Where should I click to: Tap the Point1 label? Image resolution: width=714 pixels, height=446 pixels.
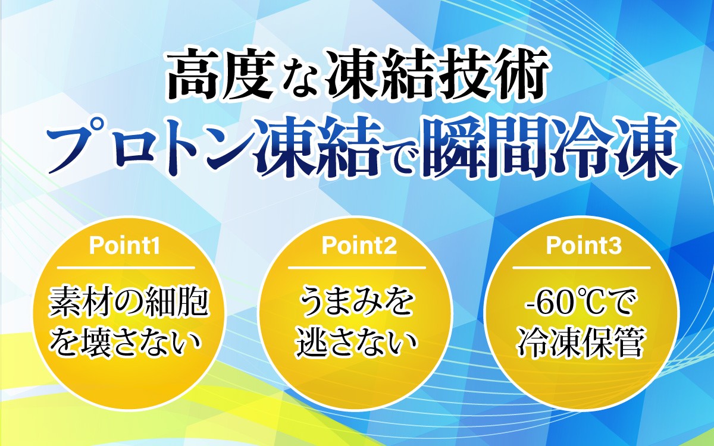[x=124, y=246]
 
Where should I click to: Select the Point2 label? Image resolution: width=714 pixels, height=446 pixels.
[x=359, y=246]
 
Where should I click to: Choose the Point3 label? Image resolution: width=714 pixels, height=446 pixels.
[x=584, y=246]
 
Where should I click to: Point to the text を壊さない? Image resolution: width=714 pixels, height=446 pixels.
[x=126, y=343]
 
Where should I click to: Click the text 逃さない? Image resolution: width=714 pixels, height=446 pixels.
[x=357, y=343]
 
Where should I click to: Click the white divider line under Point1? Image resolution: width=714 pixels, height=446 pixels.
[x=126, y=268]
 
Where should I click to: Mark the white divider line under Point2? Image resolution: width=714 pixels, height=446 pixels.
[x=357, y=268]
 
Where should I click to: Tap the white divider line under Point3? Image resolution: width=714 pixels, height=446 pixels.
[x=581, y=268]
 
